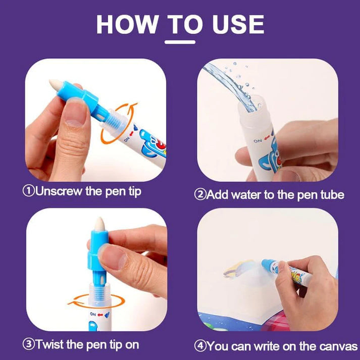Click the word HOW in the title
click(x=127, y=24)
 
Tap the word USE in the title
click(x=238, y=24)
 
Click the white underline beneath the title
click(x=180, y=42)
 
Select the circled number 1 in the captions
click(x=29, y=191)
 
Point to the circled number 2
click(x=200, y=194)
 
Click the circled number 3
click(x=29, y=344)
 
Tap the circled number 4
click(x=200, y=346)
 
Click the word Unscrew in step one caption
click(x=59, y=191)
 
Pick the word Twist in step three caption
click(x=49, y=344)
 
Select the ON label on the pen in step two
click(x=258, y=140)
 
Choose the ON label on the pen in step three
click(x=93, y=314)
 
